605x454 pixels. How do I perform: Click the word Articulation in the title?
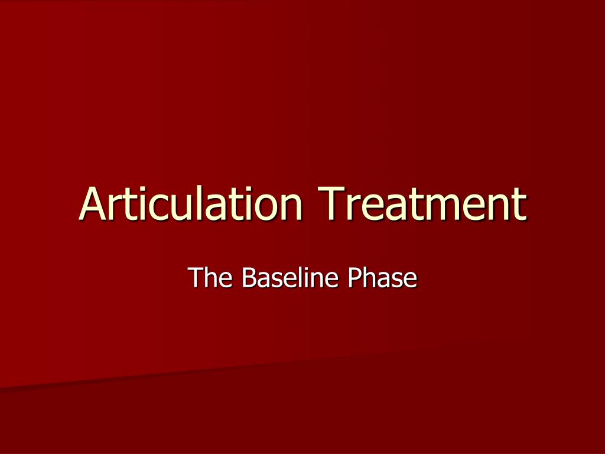click(190, 203)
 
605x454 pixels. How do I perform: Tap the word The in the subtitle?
click(210, 277)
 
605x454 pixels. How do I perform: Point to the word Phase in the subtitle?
click(382, 277)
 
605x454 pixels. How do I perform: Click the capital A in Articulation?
click(93, 203)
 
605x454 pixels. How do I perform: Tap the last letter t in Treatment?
click(519, 205)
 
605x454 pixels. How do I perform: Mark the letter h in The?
click(211, 277)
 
